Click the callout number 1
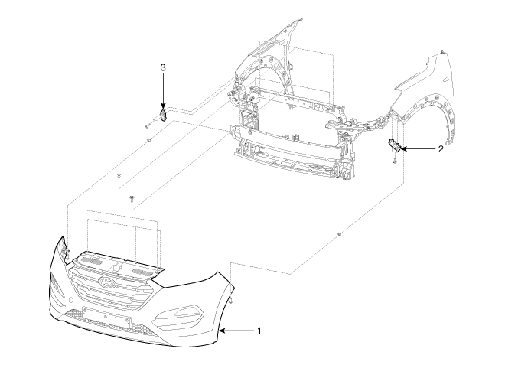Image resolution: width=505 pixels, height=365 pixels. click(x=259, y=331)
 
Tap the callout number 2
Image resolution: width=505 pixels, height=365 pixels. click(x=441, y=149)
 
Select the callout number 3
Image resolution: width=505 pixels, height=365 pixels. click(x=163, y=67)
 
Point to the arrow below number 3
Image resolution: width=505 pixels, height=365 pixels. click(x=163, y=90)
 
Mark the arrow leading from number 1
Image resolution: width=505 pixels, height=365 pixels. click(x=236, y=331)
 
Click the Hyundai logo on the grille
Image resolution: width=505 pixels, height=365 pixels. click(x=108, y=282)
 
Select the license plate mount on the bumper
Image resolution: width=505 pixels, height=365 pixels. click(x=106, y=317)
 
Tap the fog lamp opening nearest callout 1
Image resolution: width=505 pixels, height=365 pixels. click(x=178, y=314)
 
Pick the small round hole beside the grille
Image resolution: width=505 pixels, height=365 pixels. click(x=71, y=300)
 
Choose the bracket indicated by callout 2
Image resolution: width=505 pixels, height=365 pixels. click(x=395, y=144)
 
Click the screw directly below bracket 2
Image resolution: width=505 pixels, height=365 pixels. click(x=394, y=161)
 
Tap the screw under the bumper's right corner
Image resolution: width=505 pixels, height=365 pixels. click(x=231, y=301)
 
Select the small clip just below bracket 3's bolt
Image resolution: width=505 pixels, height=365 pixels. click(x=148, y=140)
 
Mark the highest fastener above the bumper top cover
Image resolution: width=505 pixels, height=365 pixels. click(x=119, y=175)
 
